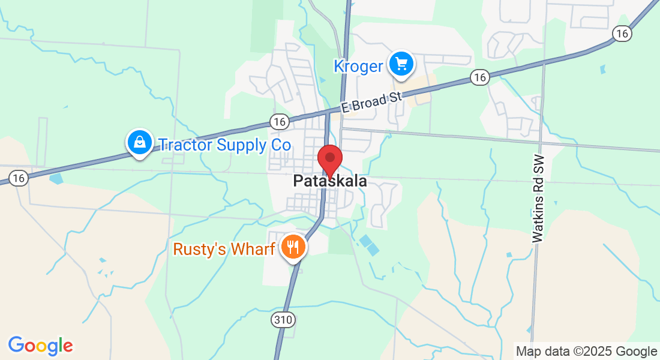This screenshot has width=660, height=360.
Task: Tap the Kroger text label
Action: [x=358, y=66]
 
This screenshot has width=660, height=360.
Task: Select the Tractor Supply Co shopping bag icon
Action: [x=139, y=143]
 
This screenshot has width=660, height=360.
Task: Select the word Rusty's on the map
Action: [x=196, y=248]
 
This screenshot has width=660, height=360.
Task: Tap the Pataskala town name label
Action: [x=330, y=181]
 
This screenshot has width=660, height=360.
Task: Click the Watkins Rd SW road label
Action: [x=538, y=199]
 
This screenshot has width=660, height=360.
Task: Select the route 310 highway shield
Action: [x=282, y=319]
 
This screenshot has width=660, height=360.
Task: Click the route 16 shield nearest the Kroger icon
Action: [x=479, y=77]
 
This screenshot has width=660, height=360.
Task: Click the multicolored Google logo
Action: [x=40, y=346]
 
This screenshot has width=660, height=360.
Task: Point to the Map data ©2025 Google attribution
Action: [x=586, y=352]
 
